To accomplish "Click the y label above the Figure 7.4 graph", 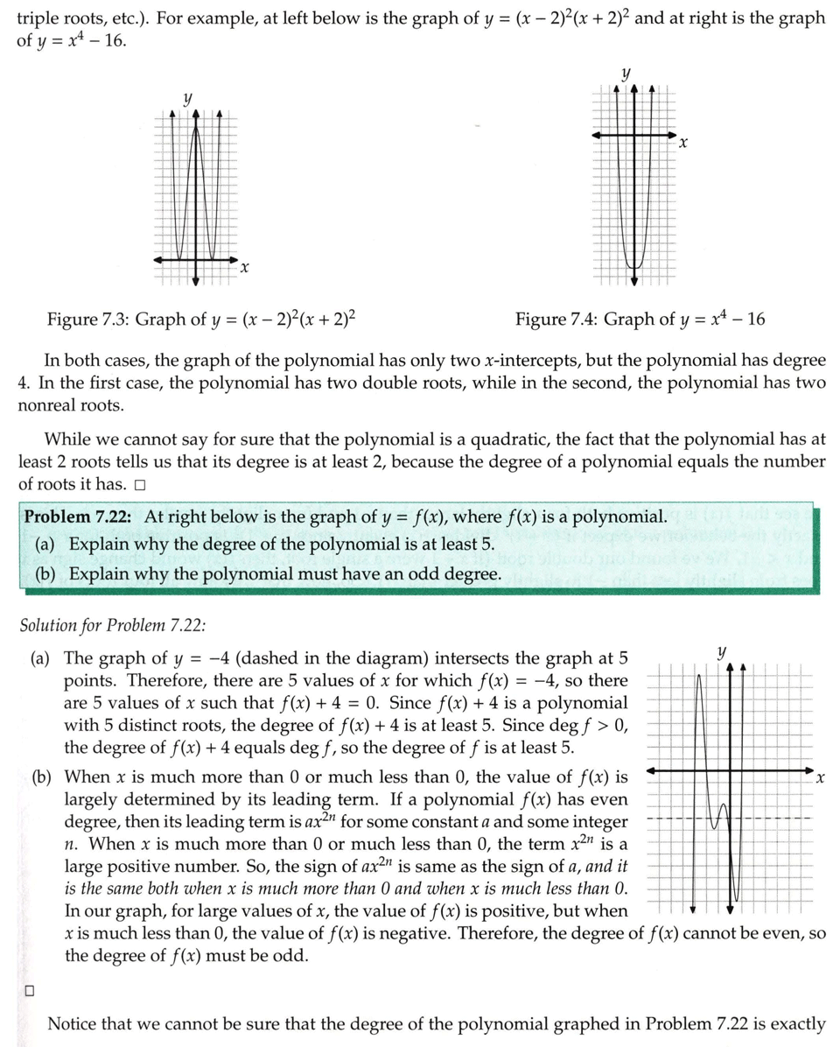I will point(626,74).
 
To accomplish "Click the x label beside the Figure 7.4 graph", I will point(683,142).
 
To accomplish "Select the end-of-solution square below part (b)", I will point(29,991).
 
